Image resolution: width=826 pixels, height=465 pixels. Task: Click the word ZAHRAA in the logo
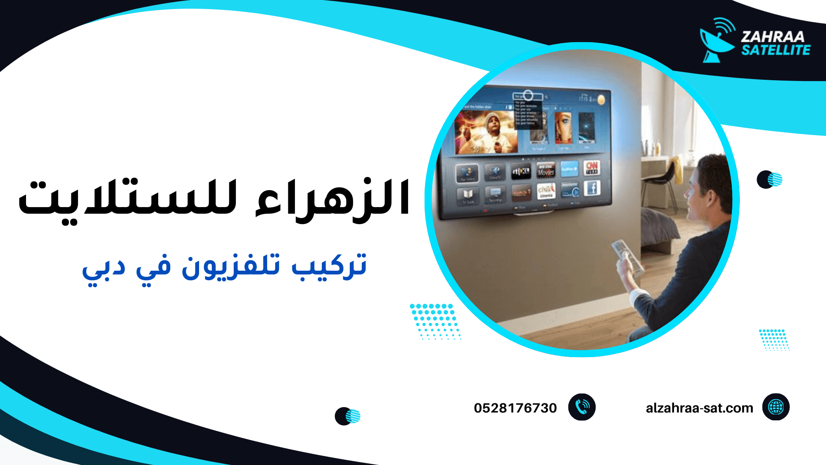coord(772,37)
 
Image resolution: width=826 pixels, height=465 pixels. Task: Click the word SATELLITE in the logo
coord(776,50)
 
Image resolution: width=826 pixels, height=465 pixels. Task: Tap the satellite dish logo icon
coord(717,41)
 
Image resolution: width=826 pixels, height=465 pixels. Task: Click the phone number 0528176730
coord(515,408)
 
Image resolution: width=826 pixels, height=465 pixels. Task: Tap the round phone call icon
coord(582,407)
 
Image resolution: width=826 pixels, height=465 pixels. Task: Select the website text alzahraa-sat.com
coord(699,408)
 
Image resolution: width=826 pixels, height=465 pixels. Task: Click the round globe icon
coord(776,407)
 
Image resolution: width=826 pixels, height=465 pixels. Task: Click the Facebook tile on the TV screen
coord(592,188)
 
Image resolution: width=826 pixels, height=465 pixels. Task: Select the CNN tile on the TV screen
coord(592,167)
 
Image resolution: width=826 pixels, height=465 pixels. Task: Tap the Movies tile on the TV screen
coord(546,170)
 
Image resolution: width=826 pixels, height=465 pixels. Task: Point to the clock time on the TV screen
coord(583,99)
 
